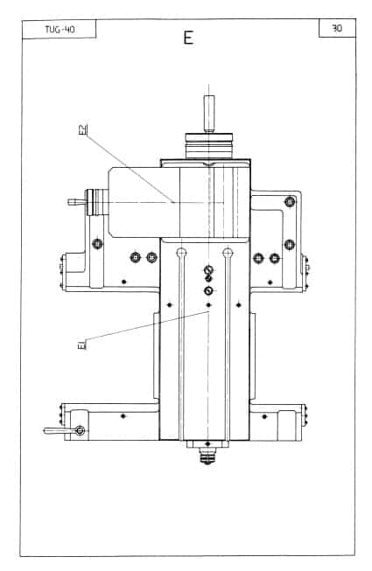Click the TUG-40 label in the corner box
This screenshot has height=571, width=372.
click(60, 29)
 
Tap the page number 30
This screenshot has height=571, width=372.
click(337, 28)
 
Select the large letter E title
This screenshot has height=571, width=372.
click(188, 38)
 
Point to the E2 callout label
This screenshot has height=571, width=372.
click(83, 129)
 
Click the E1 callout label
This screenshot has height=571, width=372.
click(82, 345)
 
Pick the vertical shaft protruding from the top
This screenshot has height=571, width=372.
click(209, 114)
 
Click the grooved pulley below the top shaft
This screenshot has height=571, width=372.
click(209, 146)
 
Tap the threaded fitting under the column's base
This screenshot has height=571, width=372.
click(207, 456)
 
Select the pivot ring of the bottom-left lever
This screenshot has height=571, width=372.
click(81, 431)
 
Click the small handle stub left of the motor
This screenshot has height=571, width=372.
click(76, 202)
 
